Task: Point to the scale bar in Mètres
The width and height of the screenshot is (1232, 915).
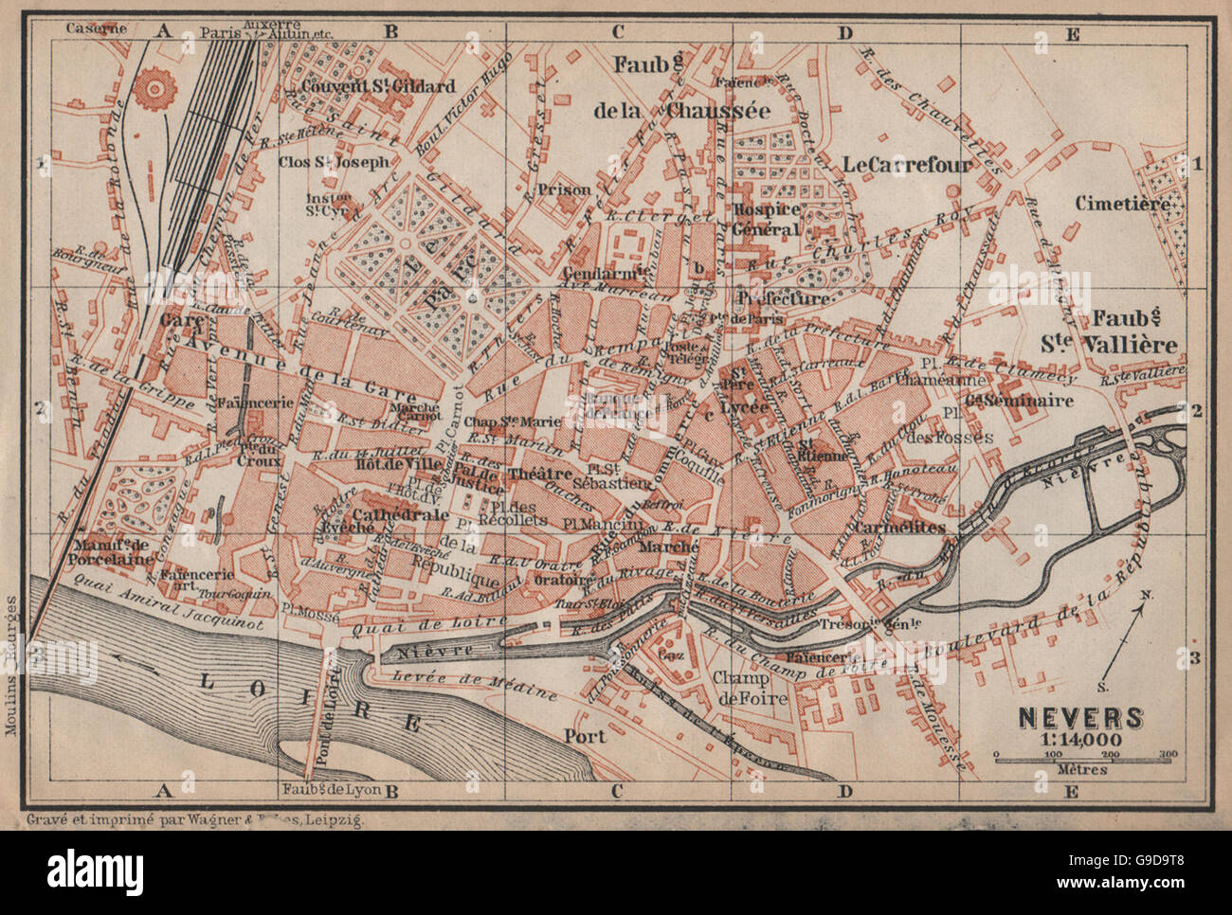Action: [x=1082, y=757]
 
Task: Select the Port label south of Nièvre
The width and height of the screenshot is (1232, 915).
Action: [x=585, y=734]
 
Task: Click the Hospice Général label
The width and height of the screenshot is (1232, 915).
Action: [x=766, y=217]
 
